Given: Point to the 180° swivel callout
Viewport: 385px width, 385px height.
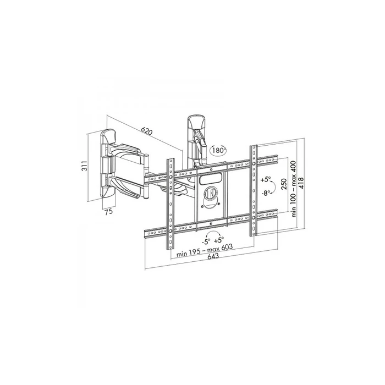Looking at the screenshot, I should (x=218, y=150).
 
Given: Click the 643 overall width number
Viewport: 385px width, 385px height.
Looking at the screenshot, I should (x=211, y=261).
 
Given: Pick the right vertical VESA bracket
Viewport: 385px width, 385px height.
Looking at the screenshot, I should (x=254, y=190).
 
